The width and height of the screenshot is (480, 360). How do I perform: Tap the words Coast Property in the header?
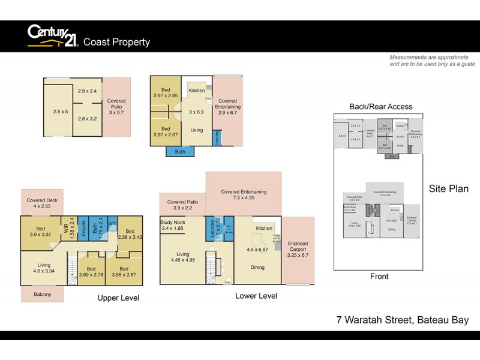[116, 42]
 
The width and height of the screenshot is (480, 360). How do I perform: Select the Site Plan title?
[449, 188]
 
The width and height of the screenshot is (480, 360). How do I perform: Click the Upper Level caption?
[118, 298]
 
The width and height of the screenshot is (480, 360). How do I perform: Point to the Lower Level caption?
[256, 296]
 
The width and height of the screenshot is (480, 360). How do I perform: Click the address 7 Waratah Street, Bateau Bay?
[403, 320]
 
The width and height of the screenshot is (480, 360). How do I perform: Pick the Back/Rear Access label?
[381, 107]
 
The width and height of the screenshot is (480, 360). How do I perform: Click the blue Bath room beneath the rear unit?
[181, 152]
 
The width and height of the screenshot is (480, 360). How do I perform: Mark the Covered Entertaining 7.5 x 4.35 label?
[244, 195]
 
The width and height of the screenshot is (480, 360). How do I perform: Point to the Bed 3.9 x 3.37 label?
[41, 232]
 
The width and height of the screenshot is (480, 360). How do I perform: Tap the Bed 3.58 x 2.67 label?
[124, 272]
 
